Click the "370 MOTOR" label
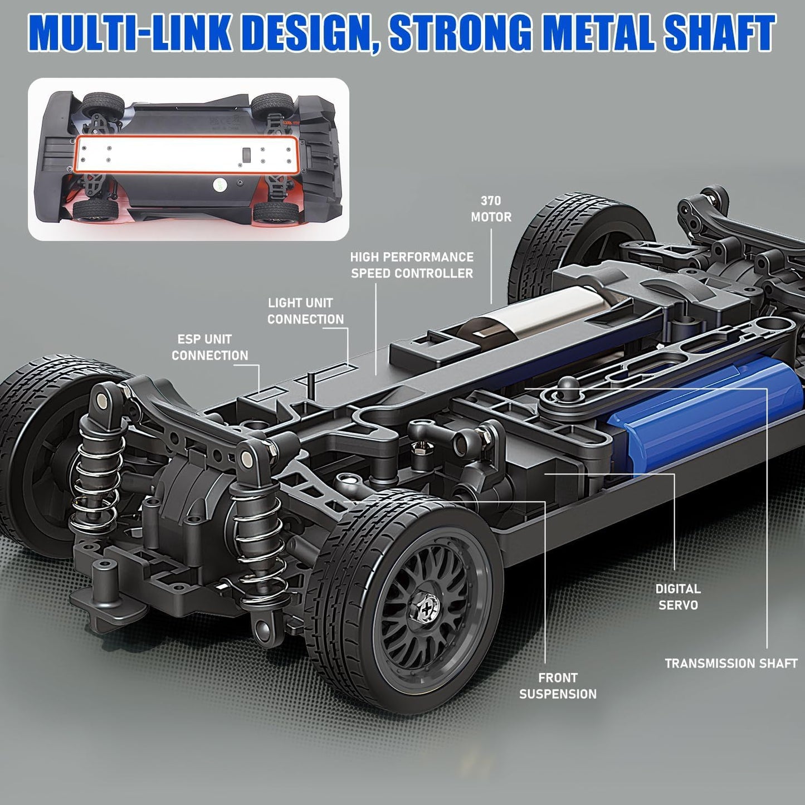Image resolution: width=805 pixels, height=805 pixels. coord(491,209)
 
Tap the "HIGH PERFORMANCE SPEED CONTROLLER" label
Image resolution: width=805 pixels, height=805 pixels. coord(412,265)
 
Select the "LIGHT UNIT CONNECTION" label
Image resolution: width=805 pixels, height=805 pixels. coord(305,311)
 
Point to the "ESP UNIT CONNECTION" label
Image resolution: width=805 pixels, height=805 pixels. coord(209,347)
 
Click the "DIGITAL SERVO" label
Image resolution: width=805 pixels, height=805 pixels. coord(677,597)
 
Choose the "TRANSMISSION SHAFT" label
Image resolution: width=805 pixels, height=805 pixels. coord(731,663)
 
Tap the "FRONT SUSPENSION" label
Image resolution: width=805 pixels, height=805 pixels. coord(558,686)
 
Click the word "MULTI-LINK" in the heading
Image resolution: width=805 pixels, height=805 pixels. coord(130,33)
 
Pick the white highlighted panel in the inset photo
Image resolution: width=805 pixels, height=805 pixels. coord(187,154)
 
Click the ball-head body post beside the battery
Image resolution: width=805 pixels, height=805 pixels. coord(567,384)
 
